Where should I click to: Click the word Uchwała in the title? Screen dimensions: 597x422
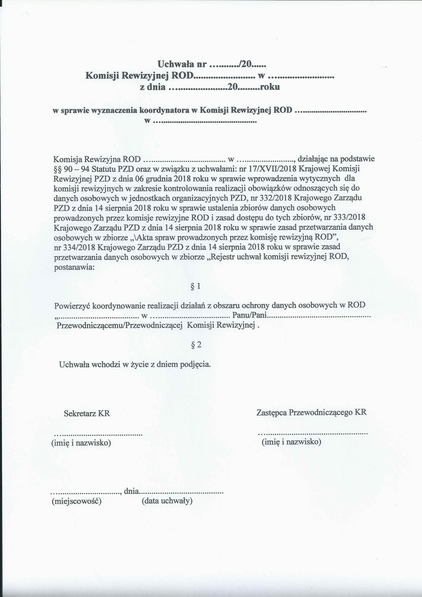(x=176, y=64)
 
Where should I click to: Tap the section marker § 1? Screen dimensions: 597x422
(x=196, y=286)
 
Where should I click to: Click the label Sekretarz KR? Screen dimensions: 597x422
(x=87, y=413)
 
